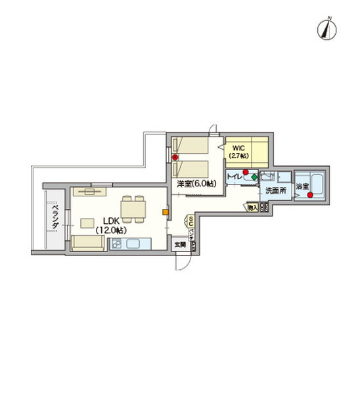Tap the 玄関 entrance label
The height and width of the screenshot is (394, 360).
pyautogui.click(x=179, y=244)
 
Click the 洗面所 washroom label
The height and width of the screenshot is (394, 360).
pyautogui.click(x=275, y=190)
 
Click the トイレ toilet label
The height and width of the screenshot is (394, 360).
pyautogui.click(x=233, y=177)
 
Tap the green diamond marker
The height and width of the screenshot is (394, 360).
pyautogui.click(x=254, y=177)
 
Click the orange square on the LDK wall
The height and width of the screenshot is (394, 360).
pyautogui.click(x=165, y=211)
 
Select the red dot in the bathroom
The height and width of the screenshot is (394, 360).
pyautogui.click(x=309, y=194)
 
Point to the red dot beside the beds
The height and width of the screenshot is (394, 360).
pyautogui.click(x=175, y=158)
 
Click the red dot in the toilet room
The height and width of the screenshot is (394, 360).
pyautogui.click(x=246, y=172)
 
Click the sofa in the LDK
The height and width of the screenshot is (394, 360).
pyautogui.click(x=88, y=244)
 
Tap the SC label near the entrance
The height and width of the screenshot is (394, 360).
pyautogui.click(x=191, y=221)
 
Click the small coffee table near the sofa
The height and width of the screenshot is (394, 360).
pyautogui.click(x=87, y=223)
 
